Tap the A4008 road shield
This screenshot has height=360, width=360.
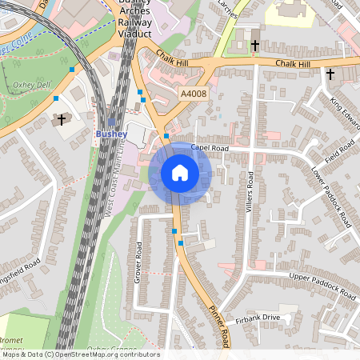193,94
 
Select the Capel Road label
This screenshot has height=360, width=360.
210,148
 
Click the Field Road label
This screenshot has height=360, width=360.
339,150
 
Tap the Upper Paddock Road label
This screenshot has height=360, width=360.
322,286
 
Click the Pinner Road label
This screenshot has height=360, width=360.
218,323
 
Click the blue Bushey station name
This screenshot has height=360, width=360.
109,133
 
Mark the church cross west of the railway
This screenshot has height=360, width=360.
62,120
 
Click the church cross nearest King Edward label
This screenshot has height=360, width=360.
330,74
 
